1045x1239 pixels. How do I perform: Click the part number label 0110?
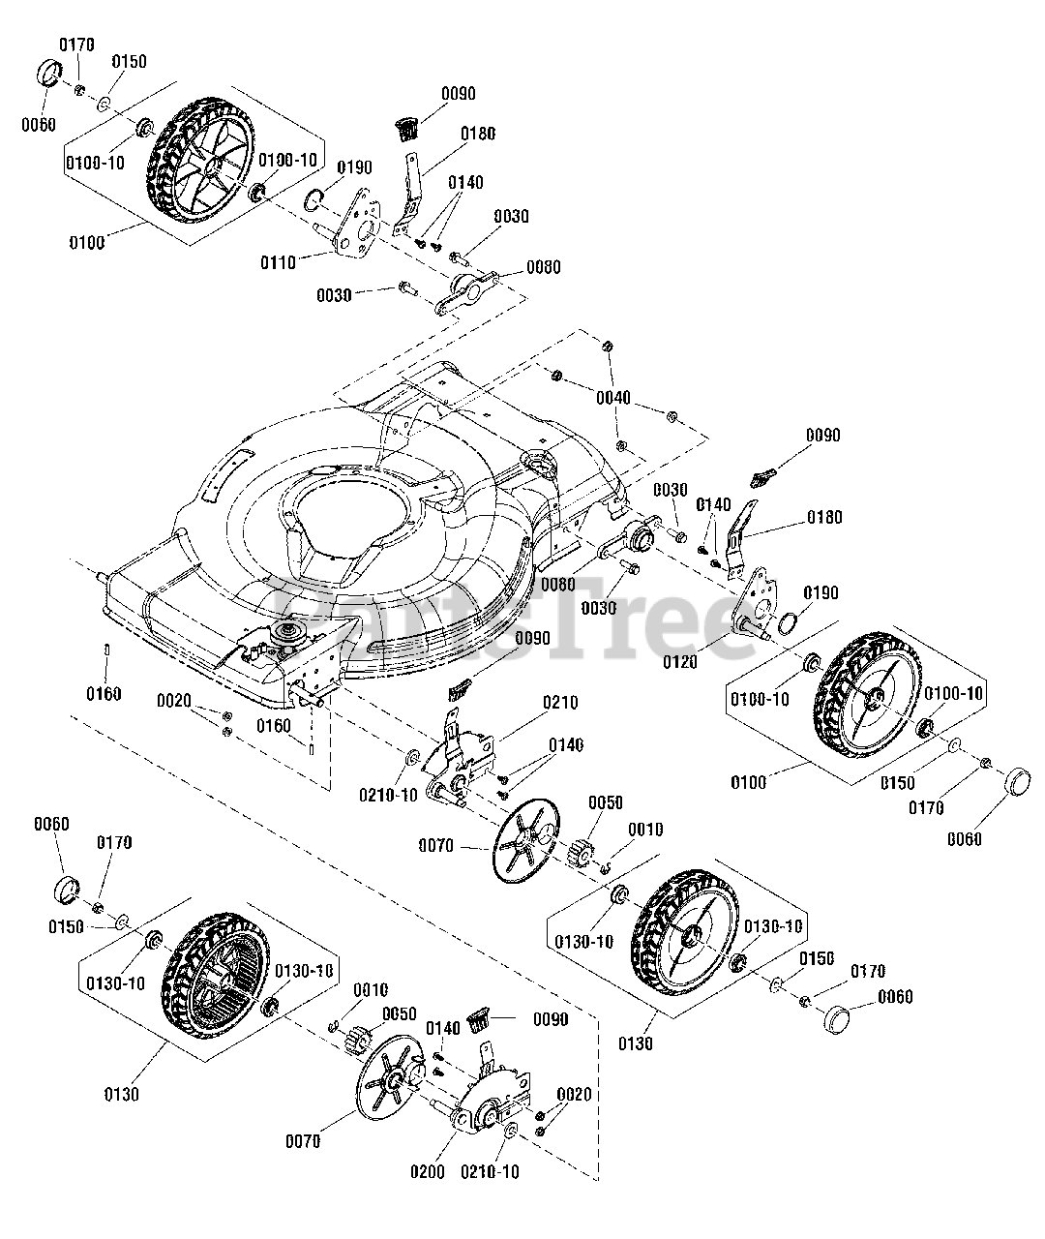tap(278, 261)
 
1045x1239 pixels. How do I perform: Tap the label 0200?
tap(427, 1171)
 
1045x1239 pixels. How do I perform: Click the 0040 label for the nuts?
tap(613, 398)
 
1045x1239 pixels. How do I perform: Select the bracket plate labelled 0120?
tap(759, 607)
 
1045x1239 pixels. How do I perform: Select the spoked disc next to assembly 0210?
tap(526, 839)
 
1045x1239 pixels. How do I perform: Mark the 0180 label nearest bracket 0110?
tap(478, 135)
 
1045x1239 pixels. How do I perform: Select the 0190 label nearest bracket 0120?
tap(820, 593)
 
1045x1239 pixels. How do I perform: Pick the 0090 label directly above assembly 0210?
tap(533, 639)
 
